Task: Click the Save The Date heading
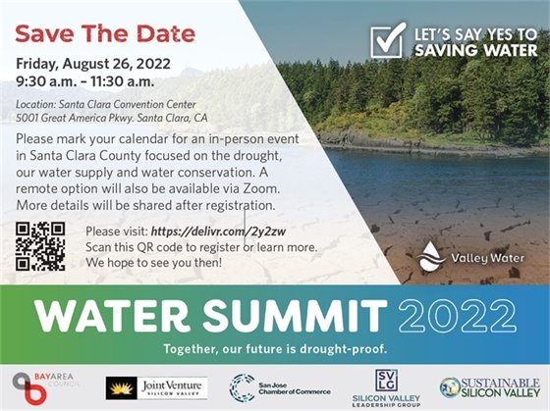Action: coord(105,33)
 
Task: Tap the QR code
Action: coord(41,246)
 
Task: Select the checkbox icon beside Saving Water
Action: coord(388,40)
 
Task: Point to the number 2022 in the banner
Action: coord(462,313)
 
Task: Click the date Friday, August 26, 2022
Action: coord(90,63)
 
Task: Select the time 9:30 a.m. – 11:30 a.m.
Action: coord(84,80)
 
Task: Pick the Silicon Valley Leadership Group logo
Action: coord(384,386)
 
